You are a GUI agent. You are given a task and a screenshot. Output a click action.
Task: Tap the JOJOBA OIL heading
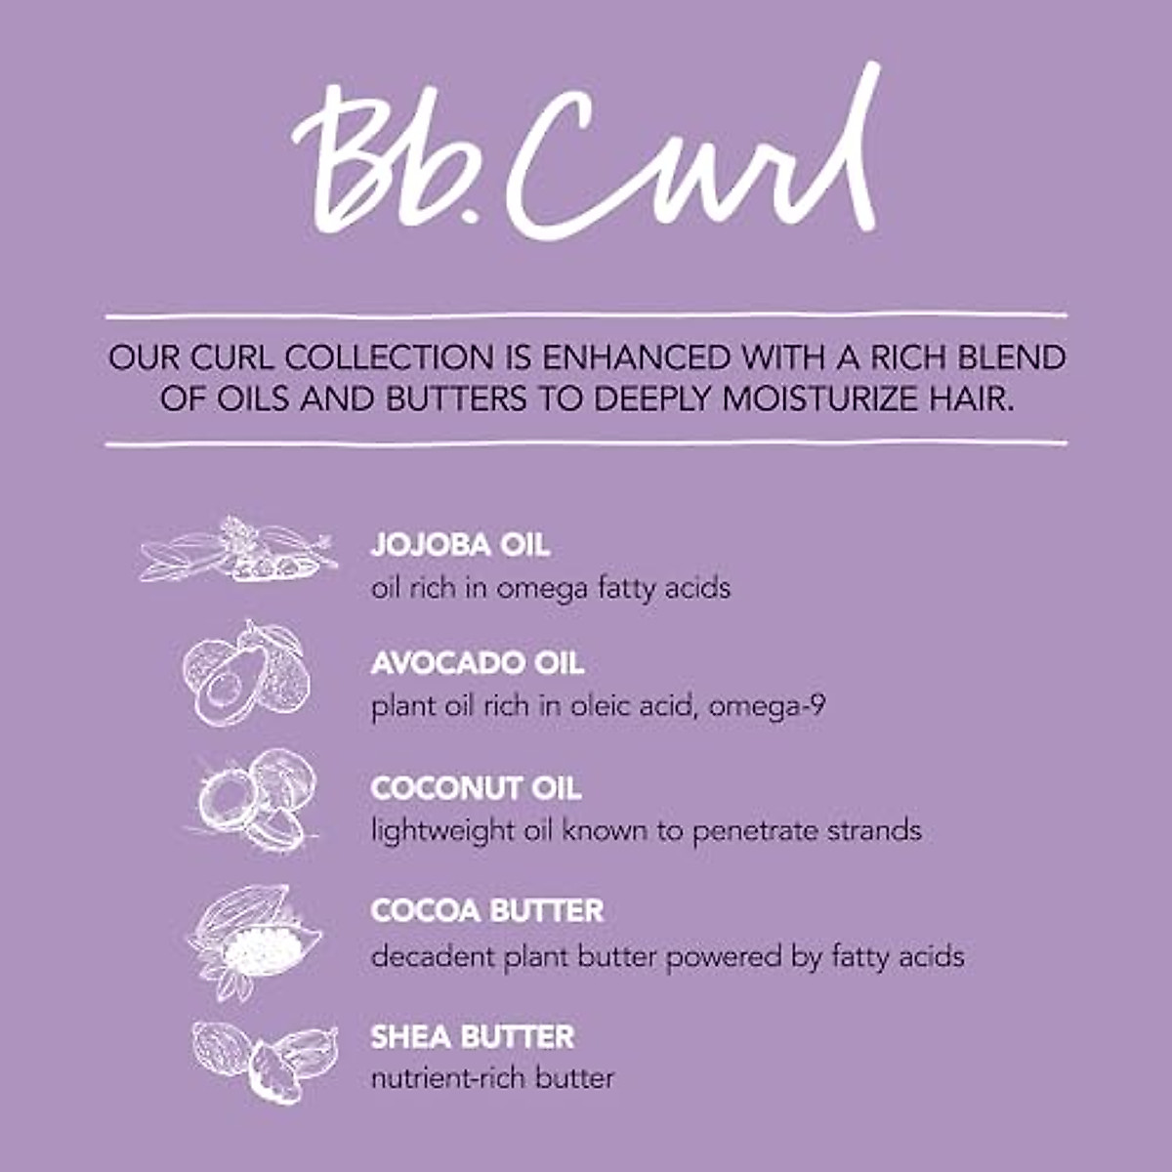(460, 545)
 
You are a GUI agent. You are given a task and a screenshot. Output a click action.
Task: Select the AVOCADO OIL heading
(477, 663)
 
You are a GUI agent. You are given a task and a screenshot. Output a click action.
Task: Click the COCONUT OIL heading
(476, 788)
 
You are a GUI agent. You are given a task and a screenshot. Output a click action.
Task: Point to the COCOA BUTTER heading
(487, 911)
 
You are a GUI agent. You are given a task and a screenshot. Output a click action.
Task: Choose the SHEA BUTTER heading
(473, 1036)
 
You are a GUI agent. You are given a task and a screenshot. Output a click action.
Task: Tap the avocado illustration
(246, 674)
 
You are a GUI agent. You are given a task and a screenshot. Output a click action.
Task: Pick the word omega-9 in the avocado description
(768, 706)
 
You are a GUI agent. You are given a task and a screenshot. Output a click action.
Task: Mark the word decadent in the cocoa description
(433, 956)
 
